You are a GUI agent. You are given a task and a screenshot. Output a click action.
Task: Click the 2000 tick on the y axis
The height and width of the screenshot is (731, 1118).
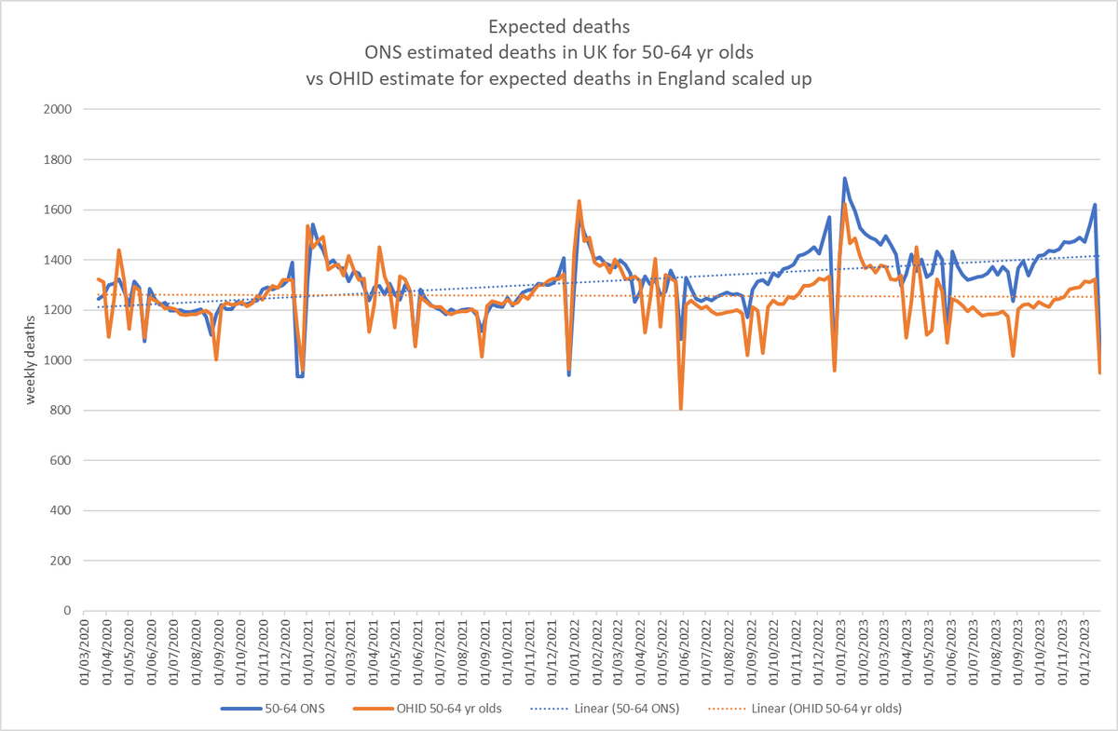point(60,109)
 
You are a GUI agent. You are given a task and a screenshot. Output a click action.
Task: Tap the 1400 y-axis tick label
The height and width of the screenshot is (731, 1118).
point(60,260)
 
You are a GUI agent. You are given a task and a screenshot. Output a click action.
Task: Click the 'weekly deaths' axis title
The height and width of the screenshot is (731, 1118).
point(31,360)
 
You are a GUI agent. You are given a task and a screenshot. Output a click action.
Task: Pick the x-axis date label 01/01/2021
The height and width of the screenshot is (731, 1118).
point(305,652)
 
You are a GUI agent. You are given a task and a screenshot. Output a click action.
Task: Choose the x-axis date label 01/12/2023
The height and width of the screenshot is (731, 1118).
point(1084,652)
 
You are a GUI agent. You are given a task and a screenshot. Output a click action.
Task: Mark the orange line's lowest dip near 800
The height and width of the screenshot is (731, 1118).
point(681,408)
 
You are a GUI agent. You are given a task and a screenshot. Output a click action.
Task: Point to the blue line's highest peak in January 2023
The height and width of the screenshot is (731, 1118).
point(844,178)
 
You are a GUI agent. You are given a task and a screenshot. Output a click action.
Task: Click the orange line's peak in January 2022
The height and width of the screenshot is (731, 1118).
point(579,201)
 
